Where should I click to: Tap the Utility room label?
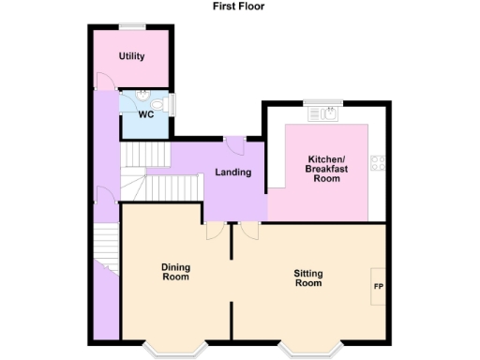[131, 56]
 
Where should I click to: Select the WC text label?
[146, 114]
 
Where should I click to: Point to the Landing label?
[232, 172]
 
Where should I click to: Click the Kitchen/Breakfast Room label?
[326, 169]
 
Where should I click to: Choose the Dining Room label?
[176, 272]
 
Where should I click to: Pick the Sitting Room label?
[308, 278]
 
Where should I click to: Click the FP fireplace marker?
[379, 286]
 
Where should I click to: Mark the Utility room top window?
[130, 25]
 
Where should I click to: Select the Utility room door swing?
[102, 82]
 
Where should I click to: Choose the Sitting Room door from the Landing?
[247, 231]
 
